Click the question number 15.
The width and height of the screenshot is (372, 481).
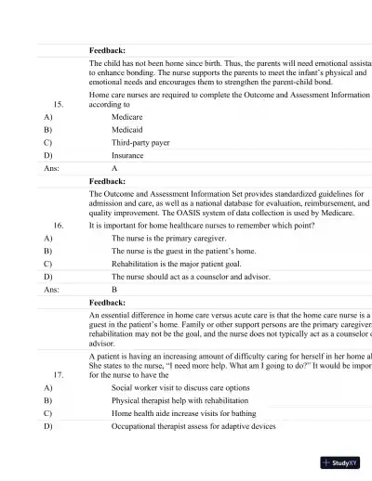pos(59,105)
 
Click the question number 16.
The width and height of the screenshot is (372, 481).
pos(59,225)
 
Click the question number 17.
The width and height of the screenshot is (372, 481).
pos(59,375)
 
